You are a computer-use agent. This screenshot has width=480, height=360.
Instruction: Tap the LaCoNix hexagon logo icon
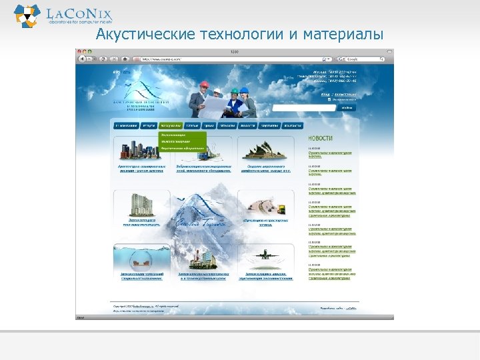click(27, 14)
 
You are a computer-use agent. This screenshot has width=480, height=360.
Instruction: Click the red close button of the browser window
click(79, 51)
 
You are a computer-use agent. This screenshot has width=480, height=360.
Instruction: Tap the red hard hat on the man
click(204, 85)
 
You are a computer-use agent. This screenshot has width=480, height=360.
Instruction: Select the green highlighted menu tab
click(170, 125)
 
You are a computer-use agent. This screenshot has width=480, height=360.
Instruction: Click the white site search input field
click(303, 107)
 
